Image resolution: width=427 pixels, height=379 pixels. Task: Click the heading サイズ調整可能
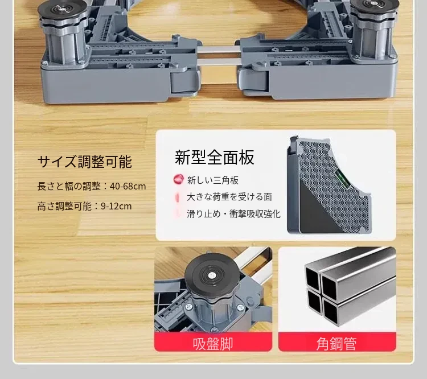[85, 162]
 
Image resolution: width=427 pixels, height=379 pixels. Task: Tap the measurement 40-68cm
[128, 187]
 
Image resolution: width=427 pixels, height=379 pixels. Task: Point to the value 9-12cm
[116, 206]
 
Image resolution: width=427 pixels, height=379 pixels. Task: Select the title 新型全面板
[214, 157]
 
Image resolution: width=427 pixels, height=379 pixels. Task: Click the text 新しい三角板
[213, 180]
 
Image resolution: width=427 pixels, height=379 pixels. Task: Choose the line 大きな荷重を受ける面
[229, 197]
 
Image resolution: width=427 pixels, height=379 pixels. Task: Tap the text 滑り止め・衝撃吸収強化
[233, 214]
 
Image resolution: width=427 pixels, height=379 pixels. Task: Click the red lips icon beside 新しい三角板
[179, 179]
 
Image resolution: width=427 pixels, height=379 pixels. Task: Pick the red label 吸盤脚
[213, 344]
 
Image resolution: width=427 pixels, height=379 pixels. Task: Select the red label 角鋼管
[337, 344]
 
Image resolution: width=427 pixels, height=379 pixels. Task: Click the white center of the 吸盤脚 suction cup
[211, 276]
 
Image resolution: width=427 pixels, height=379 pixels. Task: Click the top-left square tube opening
[313, 278]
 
